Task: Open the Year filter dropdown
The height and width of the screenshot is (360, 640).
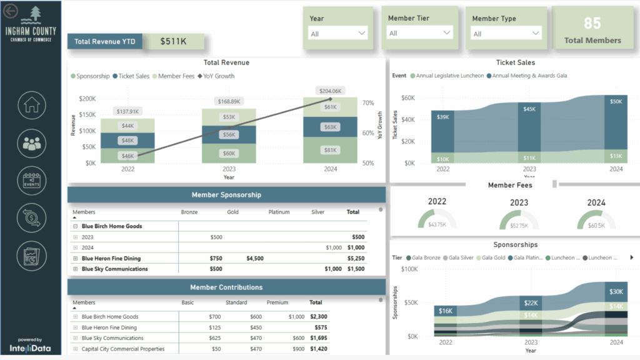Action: coord(338,33)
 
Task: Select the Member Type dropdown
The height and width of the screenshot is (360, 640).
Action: coord(507,33)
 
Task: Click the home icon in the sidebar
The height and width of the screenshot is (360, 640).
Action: coord(31,106)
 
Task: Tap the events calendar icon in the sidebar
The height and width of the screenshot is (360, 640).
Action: coord(31,180)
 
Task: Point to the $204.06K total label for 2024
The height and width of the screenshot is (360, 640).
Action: coord(329,91)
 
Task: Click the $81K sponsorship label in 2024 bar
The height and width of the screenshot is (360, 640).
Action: coord(330,151)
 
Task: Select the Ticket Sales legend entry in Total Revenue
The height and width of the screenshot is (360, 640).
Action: coord(131,76)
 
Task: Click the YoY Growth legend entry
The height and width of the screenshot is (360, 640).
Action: coord(216,76)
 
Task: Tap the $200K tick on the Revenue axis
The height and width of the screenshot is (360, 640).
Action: coord(87,99)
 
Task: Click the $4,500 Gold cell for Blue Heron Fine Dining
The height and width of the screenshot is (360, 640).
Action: coord(254,258)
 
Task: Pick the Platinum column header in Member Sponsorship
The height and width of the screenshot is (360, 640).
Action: coord(279,212)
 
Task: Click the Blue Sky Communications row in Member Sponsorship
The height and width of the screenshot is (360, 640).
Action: coord(114,269)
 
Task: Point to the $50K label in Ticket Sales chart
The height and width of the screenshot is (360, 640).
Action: coord(616,101)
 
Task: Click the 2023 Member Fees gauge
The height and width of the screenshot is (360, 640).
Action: coord(519,221)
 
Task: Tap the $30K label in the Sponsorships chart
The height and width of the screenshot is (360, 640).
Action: coord(616,292)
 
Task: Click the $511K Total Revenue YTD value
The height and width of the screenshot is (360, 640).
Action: coord(173,42)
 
